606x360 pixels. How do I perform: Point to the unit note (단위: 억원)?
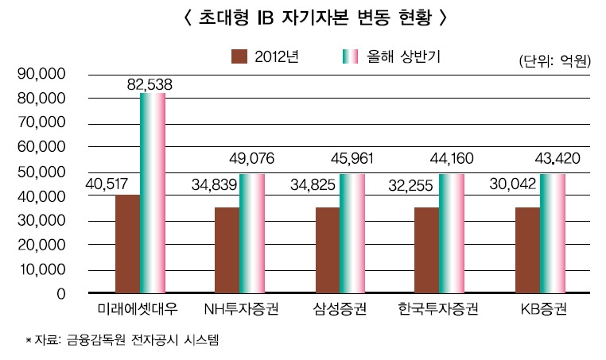[554, 60]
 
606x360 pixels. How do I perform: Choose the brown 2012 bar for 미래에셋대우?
[127, 244]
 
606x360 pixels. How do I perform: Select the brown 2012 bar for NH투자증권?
[227, 250]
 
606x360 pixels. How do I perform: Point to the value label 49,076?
[251, 159]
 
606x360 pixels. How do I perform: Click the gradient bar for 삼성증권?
[352, 234]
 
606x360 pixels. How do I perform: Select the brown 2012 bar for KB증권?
[527, 250]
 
